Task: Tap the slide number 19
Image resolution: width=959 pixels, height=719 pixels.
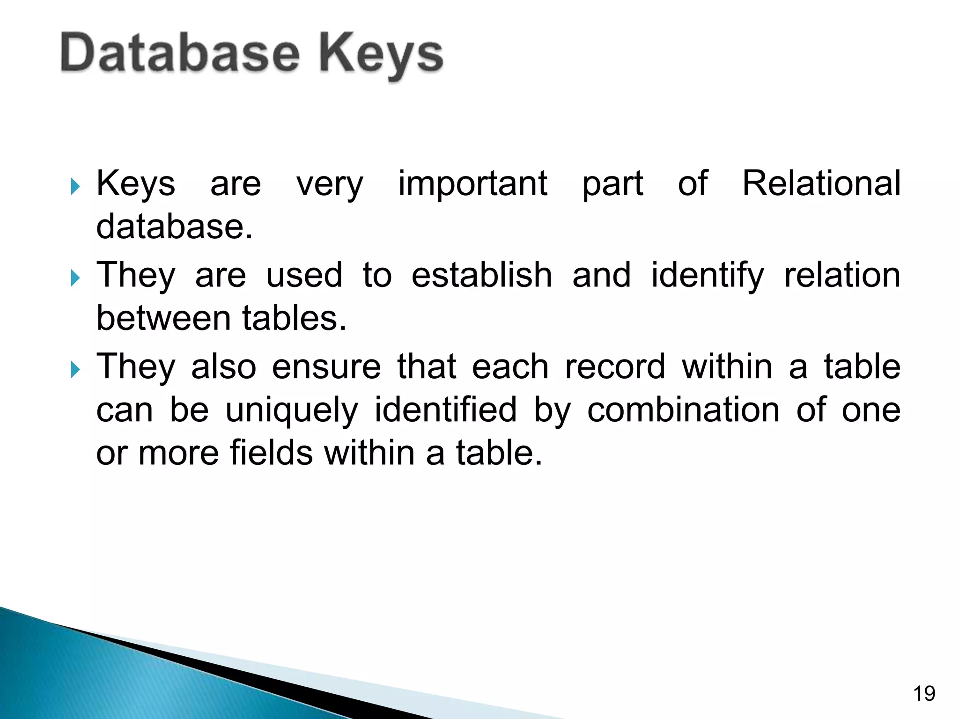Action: pyautogui.click(x=924, y=693)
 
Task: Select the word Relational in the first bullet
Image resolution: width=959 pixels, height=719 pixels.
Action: pyautogui.click(x=821, y=183)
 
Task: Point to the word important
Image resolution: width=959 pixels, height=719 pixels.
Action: pyautogui.click(x=472, y=183)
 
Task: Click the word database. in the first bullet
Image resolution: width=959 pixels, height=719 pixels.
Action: pyautogui.click(x=174, y=227)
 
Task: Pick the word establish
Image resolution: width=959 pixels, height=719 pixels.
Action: pyautogui.click(x=481, y=275)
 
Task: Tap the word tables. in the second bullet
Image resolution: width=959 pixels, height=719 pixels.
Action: pyautogui.click(x=294, y=318)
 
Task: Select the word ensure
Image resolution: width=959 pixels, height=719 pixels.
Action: pyautogui.click(x=326, y=367)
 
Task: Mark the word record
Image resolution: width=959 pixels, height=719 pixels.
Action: pyautogui.click(x=615, y=367)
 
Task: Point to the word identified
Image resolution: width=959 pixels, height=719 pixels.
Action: pyautogui.click(x=445, y=410)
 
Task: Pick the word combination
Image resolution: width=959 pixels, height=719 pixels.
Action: pyautogui.click(x=683, y=410)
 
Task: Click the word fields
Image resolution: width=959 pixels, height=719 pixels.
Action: pyautogui.click(x=271, y=453)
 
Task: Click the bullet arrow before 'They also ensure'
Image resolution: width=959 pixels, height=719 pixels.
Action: pyautogui.click(x=75, y=370)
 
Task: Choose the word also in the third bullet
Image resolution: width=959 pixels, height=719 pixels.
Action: pyautogui.click(x=223, y=367)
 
